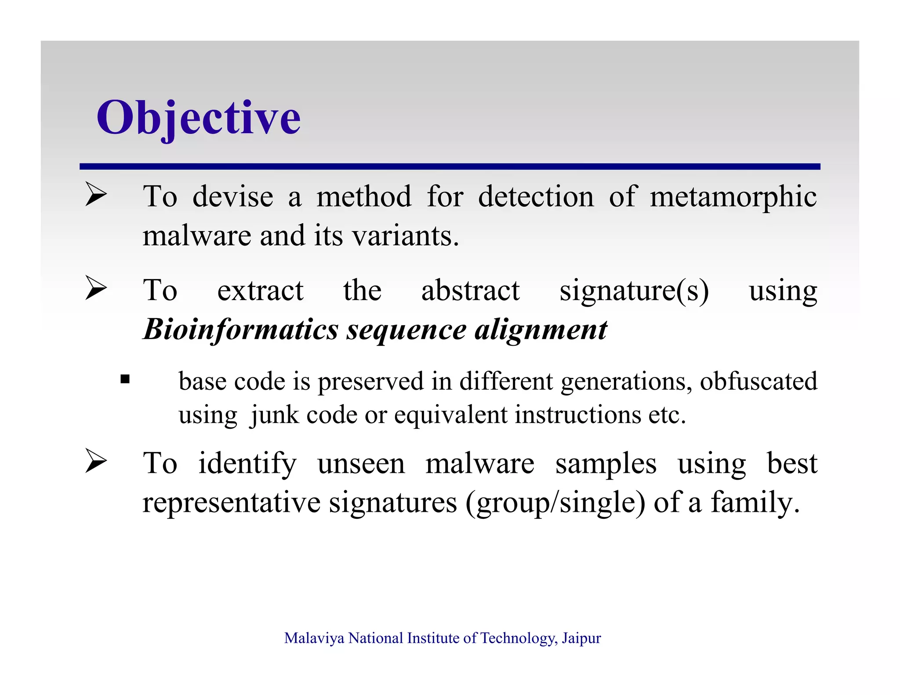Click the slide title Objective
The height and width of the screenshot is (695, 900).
point(199,118)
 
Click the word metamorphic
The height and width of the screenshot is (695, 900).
point(733,196)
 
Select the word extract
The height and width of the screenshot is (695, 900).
point(260,290)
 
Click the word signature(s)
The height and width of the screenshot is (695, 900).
point(634,290)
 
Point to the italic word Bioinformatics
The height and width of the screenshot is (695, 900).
point(241,329)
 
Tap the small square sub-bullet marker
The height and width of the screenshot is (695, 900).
point(125,379)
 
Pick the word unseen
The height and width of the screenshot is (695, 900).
point(361,463)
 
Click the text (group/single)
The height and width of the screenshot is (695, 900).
point(555,502)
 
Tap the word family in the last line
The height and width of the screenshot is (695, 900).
point(755,502)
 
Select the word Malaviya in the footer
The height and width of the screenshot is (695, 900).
point(314,638)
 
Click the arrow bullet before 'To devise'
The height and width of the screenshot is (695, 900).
point(96,194)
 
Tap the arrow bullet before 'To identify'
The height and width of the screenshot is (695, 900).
point(96,461)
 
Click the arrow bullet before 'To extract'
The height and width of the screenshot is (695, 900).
point(96,288)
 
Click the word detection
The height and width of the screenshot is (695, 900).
point(536,196)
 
